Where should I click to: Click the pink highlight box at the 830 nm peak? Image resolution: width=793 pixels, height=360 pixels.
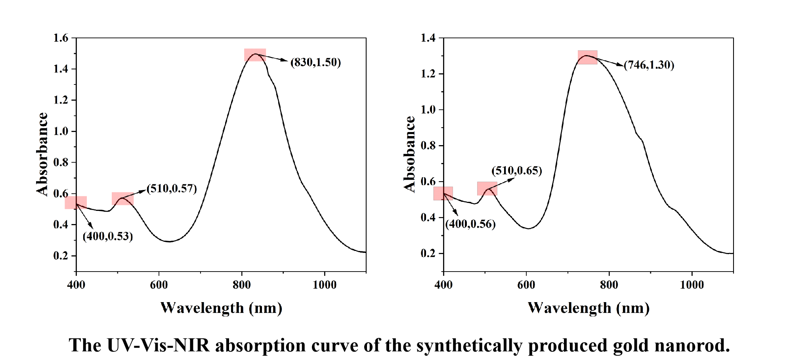[x=255, y=55]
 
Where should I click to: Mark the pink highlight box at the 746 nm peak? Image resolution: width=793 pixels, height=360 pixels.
[x=587, y=57]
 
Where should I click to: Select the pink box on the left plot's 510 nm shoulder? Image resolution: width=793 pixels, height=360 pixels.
[x=122, y=199]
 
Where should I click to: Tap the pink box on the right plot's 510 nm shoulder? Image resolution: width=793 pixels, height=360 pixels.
[x=487, y=188]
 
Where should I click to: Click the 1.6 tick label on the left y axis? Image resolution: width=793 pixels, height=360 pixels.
[x=61, y=38]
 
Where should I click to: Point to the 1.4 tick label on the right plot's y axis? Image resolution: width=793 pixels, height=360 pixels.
[x=428, y=38]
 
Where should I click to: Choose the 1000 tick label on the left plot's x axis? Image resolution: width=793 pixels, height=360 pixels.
[x=324, y=285]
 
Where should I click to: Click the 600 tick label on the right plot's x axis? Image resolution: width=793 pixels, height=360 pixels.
[x=526, y=285]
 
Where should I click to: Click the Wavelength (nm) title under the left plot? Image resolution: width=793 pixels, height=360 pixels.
[x=221, y=308]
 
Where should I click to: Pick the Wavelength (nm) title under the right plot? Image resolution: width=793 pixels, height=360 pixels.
[x=589, y=308]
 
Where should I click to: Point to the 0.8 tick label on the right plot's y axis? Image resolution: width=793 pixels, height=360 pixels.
[x=428, y=146]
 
